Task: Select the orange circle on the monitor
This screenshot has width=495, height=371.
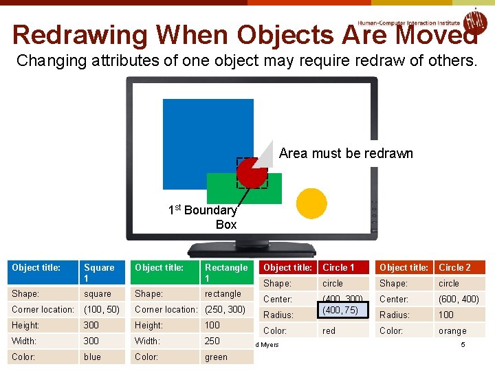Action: tap(311, 203)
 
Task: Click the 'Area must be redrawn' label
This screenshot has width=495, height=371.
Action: tap(346, 153)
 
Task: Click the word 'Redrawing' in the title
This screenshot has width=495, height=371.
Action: tap(79, 34)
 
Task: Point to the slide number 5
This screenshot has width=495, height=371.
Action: tap(463, 344)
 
